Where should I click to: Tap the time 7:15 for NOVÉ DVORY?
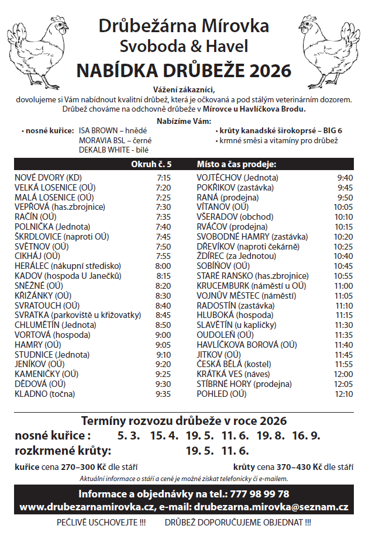[163, 177]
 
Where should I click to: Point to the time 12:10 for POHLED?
[343, 394]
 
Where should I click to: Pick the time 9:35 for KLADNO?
[163, 394]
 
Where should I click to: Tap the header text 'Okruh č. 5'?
[151, 164]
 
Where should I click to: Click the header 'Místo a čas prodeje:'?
[236, 164]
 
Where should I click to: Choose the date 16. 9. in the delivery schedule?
[306, 435]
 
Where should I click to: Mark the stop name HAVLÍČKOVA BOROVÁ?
[238, 345]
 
